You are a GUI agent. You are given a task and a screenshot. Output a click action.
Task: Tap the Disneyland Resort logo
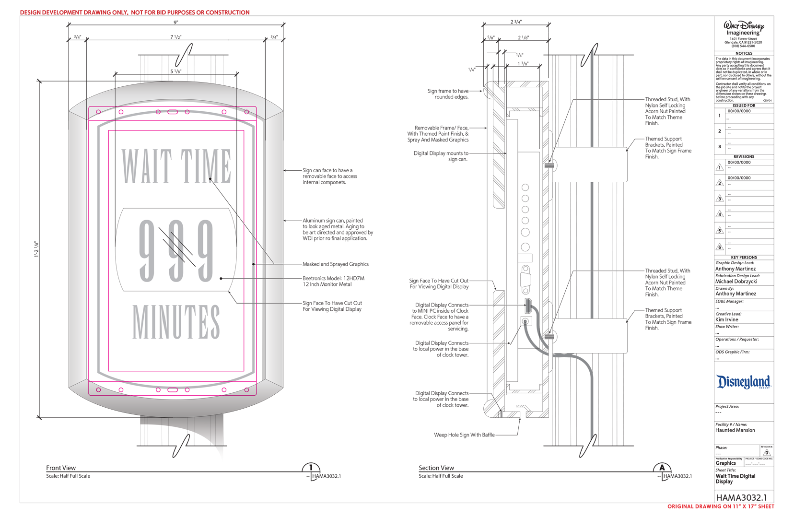point(743,382)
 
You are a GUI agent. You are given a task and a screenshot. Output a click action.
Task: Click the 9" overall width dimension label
point(176,22)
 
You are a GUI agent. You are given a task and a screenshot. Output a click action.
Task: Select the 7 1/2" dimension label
point(176,37)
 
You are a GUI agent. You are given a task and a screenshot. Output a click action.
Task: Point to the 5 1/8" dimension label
point(176,71)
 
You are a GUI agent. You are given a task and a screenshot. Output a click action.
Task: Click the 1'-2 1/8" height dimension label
point(36,249)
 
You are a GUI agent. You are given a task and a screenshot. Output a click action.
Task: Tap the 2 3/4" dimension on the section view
point(516,22)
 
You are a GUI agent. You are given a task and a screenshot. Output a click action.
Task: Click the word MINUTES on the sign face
point(176,322)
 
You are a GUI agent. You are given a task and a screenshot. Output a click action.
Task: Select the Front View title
point(61,468)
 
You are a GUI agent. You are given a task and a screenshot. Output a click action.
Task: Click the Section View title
point(436,468)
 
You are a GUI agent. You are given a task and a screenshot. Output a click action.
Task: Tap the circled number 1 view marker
point(311,468)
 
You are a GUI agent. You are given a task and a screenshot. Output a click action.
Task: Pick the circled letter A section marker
point(662,468)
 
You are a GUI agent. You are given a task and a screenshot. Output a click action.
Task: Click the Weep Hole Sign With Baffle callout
point(464,435)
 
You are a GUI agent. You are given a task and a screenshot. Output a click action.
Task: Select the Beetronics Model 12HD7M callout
point(333,281)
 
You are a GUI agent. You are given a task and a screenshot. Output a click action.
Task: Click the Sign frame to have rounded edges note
point(448,94)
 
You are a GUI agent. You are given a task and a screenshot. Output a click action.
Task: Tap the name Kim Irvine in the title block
point(727,319)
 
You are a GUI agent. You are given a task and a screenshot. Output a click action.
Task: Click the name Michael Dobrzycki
point(736,282)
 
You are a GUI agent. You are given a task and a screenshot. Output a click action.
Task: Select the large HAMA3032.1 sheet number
point(741,497)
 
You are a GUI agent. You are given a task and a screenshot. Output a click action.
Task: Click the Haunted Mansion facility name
point(735,430)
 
